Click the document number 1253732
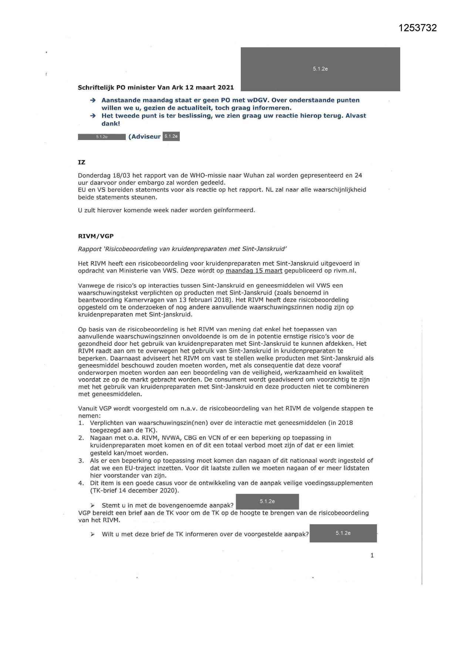[418, 28]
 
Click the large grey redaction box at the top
[320, 69]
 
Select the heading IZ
[82, 162]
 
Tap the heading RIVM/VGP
[96, 236]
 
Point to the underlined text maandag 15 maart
[254, 271]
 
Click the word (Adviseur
[145, 137]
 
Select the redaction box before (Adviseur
[102, 137]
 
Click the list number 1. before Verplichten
[81, 423]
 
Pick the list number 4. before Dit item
[81, 483]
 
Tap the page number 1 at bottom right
[372, 556]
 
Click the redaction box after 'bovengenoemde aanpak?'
[267, 502]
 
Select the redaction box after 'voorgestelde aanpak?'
[343, 533]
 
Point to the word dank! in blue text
[111, 124]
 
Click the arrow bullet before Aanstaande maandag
[93, 100]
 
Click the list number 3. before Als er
[81, 461]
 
